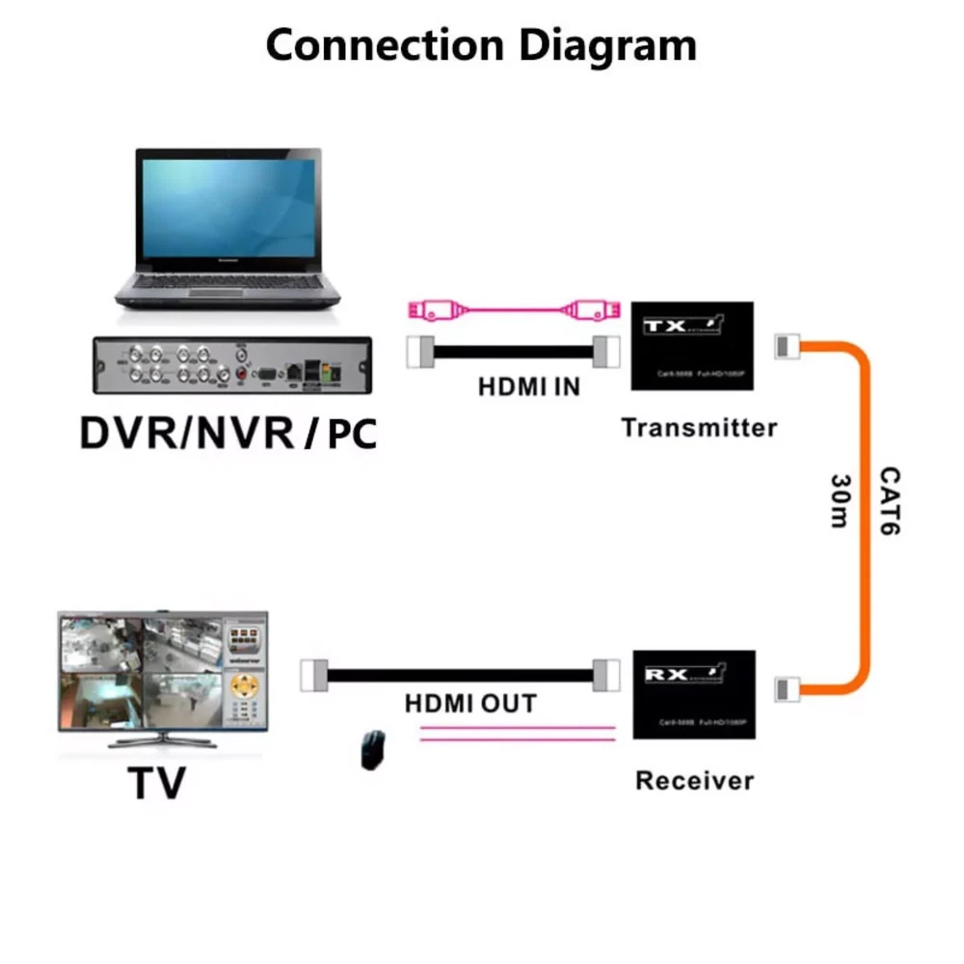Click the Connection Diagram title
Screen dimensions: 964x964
tap(480, 45)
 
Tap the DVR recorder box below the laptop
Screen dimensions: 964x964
tap(232, 365)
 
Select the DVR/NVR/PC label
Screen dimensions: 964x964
tap(228, 433)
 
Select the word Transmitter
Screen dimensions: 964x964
tap(699, 427)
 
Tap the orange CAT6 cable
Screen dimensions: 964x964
tap(861, 511)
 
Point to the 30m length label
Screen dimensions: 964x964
tap(839, 500)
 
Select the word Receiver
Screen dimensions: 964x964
tap(694, 780)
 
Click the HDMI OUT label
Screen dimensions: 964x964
tap(470, 704)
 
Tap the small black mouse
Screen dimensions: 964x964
tap(371, 749)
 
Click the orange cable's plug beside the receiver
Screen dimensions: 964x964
tap(787, 688)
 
